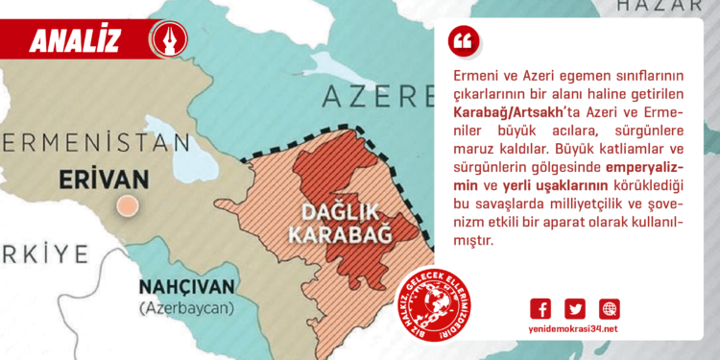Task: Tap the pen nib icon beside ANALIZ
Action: tap(169, 39)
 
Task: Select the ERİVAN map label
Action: tap(105, 180)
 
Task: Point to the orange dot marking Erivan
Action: tap(125, 204)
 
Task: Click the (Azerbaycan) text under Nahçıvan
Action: tap(184, 308)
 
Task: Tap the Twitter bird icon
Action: tap(575, 308)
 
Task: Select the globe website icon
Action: tap(610, 308)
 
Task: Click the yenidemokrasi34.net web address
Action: tap(575, 329)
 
